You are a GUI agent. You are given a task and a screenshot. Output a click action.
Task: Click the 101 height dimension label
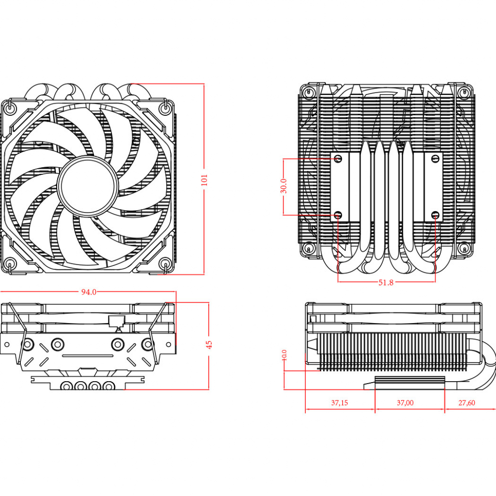tap(204, 180)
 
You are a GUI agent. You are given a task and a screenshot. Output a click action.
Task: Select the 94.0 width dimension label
tap(89, 292)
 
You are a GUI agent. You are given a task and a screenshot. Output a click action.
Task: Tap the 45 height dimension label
tap(209, 344)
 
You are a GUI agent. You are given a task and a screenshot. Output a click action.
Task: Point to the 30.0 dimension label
tap(284, 186)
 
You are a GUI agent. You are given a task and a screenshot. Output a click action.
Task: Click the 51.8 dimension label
tap(386, 282)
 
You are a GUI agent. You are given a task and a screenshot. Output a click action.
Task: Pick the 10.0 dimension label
tap(284, 355)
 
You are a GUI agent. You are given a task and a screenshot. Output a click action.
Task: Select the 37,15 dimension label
tap(340, 403)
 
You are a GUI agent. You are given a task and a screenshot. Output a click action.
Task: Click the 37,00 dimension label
tap(405, 403)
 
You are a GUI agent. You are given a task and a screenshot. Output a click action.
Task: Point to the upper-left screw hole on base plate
tap(339, 158)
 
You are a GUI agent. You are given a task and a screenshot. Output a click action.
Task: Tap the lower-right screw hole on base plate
tap(435, 214)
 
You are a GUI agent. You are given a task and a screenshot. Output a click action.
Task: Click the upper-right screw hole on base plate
tap(435, 158)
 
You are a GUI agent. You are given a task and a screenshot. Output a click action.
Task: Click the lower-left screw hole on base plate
tap(339, 214)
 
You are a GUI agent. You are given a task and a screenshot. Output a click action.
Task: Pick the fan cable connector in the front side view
tap(116, 321)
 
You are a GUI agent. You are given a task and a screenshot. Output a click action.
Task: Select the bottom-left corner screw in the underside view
tap(308, 249)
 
